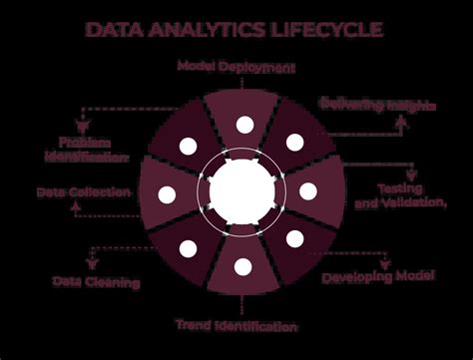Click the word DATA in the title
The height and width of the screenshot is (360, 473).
[x=114, y=29]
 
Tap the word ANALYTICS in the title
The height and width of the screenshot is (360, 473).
[x=202, y=29]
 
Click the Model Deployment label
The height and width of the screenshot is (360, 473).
[x=236, y=67]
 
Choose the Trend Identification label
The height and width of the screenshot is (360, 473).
[x=236, y=325]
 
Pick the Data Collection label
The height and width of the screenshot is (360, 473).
[x=84, y=190]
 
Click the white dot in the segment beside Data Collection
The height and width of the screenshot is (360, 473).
[x=167, y=193]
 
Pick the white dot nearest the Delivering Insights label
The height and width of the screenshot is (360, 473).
[x=293, y=143]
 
